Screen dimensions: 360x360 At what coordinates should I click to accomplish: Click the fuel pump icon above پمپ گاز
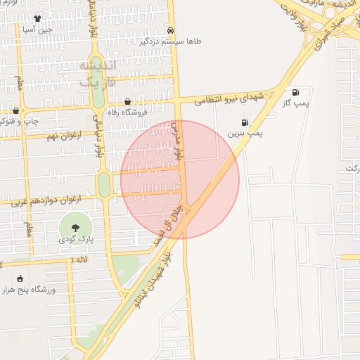pyautogui.click(x=295, y=92)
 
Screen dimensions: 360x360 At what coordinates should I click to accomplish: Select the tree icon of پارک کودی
pyautogui.click(x=75, y=226)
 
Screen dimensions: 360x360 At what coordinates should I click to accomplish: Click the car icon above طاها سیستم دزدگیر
pyautogui.click(x=172, y=30)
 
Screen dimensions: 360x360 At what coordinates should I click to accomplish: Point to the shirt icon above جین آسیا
pyautogui.click(x=37, y=18)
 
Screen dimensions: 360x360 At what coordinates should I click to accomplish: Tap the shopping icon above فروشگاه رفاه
pyautogui.click(x=127, y=101)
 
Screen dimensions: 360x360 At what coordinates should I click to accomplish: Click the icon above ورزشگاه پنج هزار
pyautogui.click(x=19, y=278)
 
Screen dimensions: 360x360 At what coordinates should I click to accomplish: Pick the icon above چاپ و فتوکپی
pyautogui.click(x=15, y=110)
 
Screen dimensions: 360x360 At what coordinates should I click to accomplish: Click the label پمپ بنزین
pyautogui.click(x=245, y=132)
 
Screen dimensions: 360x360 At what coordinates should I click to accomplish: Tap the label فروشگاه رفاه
pyautogui.click(x=127, y=112)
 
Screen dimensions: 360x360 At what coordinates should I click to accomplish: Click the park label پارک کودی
pyautogui.click(x=75, y=240)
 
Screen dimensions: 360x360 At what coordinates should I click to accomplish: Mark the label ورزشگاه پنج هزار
pyautogui.click(x=29, y=289)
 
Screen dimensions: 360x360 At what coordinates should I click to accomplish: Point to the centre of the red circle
pyautogui.click(x=180, y=179)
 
